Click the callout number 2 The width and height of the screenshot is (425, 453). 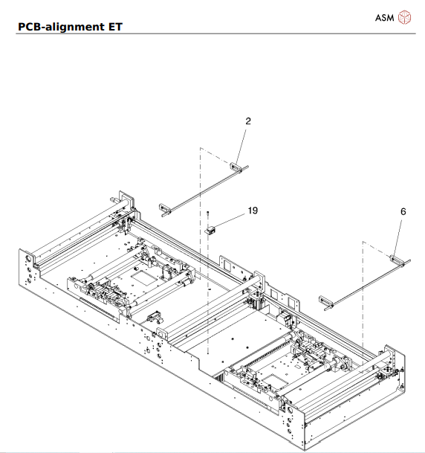click(x=247, y=120)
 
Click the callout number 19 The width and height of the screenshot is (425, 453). click(x=253, y=211)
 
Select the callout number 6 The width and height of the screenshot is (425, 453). click(x=403, y=211)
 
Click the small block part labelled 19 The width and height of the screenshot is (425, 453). click(x=210, y=230)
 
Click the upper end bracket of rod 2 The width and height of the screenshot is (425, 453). click(x=236, y=167)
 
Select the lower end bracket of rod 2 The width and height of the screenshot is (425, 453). click(x=165, y=208)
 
